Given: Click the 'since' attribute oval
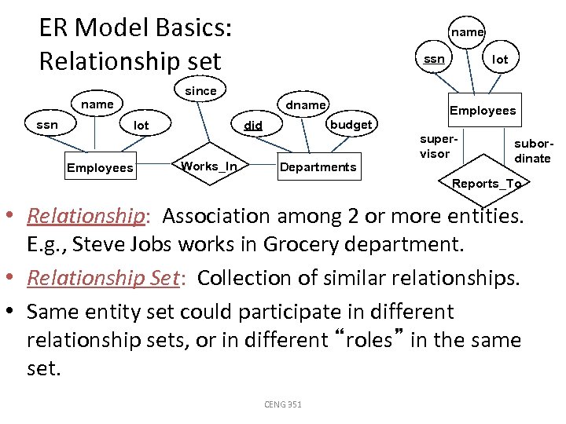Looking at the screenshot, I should tap(200, 91).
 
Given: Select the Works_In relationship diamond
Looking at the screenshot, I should tap(209, 166).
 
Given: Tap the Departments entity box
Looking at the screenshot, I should tap(318, 166).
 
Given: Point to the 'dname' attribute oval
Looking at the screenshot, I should tap(306, 104).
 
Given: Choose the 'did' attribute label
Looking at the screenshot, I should tap(253, 125).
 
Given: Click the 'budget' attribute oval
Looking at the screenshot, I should tap(351, 125).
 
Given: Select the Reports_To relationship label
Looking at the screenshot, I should tap(486, 184).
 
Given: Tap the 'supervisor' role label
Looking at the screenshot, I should tap(436, 146).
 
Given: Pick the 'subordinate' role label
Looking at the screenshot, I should tap(532, 152).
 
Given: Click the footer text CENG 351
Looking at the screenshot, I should tap(282, 404).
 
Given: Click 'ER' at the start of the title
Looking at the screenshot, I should tap(53, 29).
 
